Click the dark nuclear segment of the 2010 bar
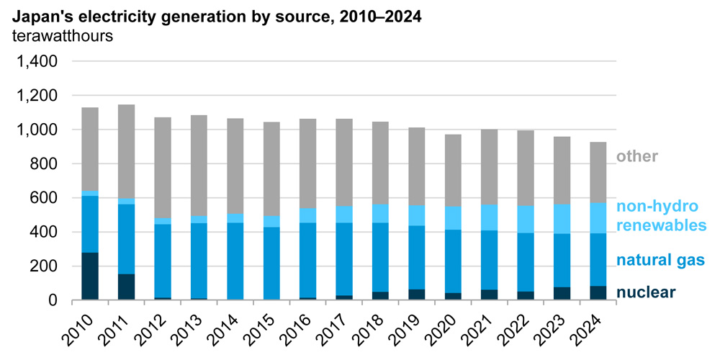90,276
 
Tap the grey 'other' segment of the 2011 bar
126,151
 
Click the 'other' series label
637,157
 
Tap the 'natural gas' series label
660,260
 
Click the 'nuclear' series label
647,292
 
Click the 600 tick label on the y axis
43,198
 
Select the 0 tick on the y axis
53,300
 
